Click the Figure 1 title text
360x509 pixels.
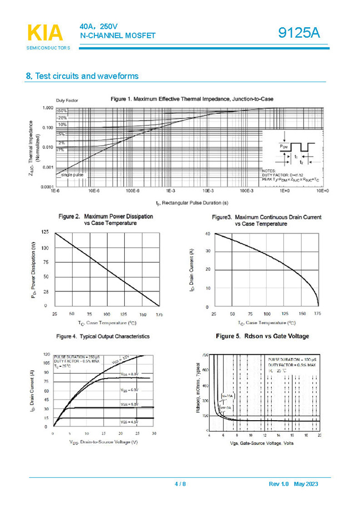(192, 99)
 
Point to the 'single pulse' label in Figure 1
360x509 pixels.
(72, 174)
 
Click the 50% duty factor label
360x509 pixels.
(62, 112)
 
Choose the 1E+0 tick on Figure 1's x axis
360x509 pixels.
(285, 190)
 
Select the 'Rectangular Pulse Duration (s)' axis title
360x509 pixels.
(192, 203)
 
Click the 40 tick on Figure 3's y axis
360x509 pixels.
(207, 234)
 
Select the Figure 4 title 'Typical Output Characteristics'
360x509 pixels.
(103, 336)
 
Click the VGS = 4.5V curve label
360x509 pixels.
(129, 424)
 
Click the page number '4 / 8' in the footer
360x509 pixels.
(180, 485)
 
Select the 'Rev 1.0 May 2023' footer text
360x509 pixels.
(293, 485)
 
